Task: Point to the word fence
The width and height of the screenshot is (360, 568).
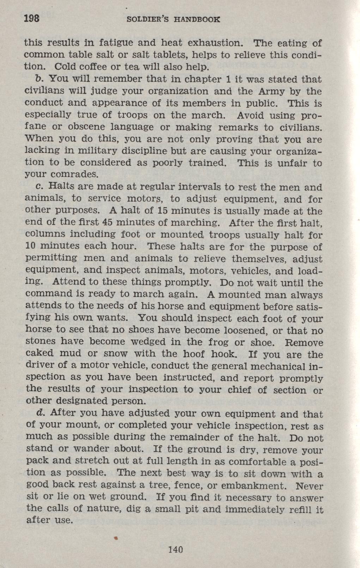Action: point(190,485)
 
